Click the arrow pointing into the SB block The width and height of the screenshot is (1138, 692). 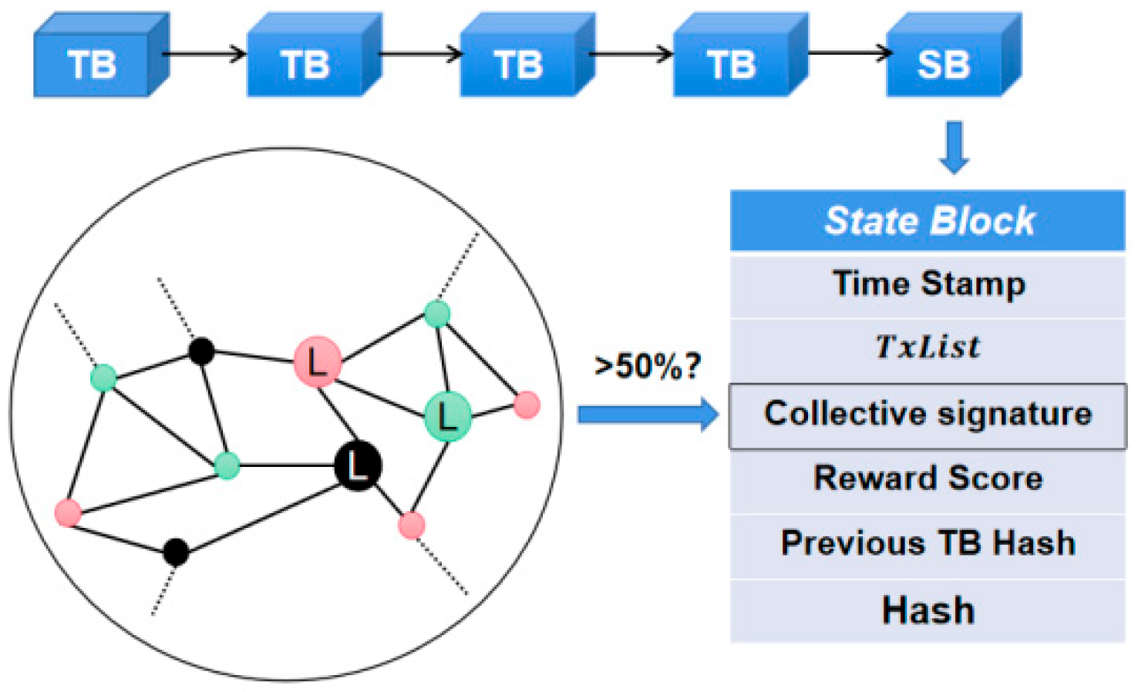click(848, 53)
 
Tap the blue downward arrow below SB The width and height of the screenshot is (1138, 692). click(955, 146)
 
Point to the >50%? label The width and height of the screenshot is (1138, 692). click(648, 366)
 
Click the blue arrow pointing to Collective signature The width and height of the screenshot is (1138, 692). click(648, 415)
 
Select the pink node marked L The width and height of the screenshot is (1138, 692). click(318, 361)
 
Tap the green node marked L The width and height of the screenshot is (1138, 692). click(448, 416)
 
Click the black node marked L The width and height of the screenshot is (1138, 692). click(358, 466)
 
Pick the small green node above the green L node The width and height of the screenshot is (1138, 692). click(437, 314)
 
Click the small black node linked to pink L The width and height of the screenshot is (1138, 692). click(201, 351)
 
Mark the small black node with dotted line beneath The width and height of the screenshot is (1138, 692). click(176, 552)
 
